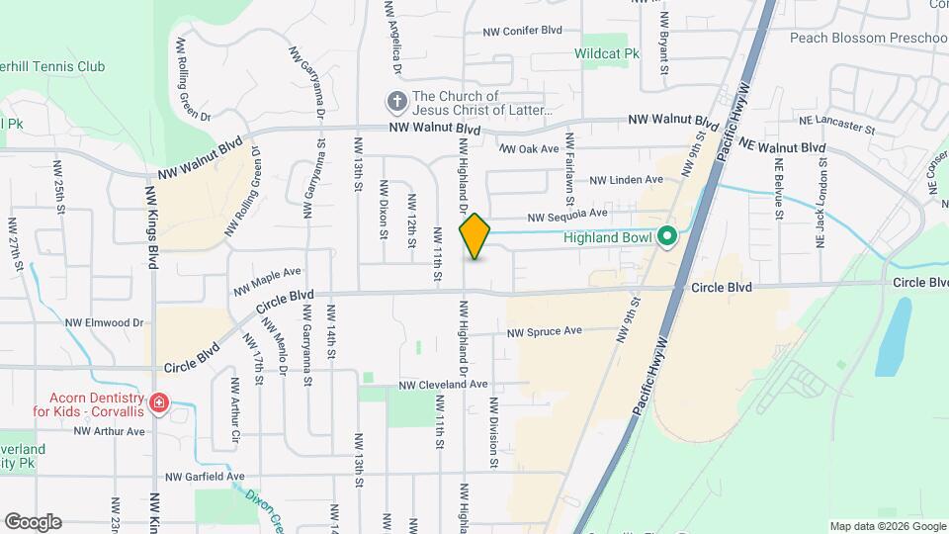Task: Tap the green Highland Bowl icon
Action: click(667, 237)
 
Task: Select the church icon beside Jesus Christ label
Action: click(395, 102)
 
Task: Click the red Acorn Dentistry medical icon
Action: click(159, 403)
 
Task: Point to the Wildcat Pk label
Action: click(602, 52)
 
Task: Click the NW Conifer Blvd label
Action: click(522, 32)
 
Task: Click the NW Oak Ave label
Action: click(530, 149)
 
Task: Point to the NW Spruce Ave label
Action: click(544, 332)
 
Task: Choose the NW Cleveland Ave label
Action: click(444, 385)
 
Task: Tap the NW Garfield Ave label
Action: click(205, 477)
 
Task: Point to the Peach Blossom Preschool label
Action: click(869, 38)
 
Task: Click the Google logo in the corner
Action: click(33, 522)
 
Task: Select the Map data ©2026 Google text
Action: click(887, 526)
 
